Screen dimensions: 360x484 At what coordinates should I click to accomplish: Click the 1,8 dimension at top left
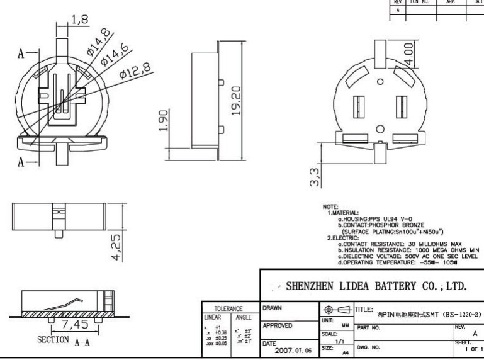coord(79,19)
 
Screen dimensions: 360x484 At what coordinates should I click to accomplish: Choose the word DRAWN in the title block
coord(273,308)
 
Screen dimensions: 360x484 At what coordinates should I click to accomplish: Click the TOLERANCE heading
coord(225,309)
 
